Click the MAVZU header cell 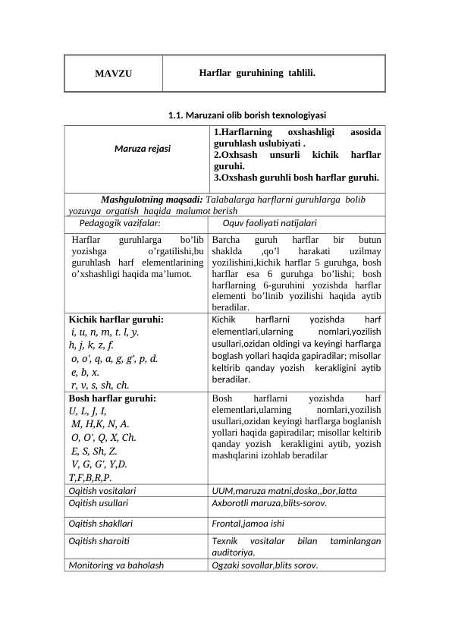[x=113, y=74]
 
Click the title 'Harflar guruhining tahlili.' [x=257, y=74]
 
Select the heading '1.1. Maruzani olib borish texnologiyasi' [x=246, y=115]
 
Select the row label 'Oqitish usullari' [x=98, y=503]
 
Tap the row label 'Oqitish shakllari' [x=100, y=523]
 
